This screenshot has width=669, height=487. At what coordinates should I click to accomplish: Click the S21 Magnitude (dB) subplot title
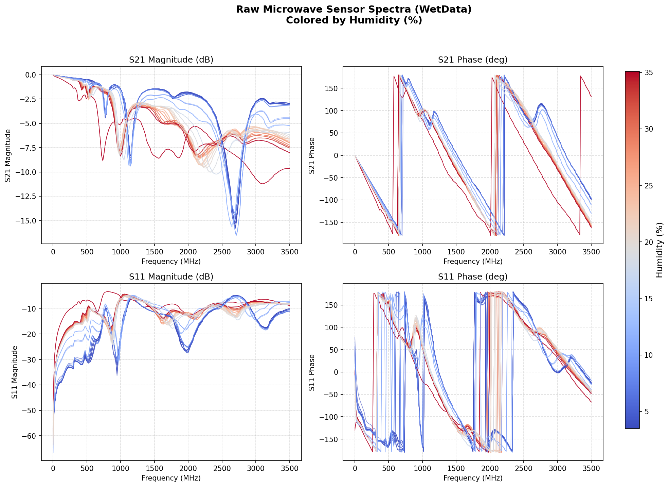(x=171, y=60)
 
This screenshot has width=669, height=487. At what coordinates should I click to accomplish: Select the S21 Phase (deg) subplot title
(x=473, y=60)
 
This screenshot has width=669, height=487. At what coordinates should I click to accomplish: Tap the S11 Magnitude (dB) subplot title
(x=171, y=277)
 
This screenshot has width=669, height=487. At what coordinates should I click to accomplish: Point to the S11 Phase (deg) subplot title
(x=473, y=277)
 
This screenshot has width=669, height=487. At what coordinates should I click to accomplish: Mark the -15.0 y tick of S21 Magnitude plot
(x=29, y=220)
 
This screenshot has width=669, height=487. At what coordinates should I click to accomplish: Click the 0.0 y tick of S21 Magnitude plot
(x=32, y=75)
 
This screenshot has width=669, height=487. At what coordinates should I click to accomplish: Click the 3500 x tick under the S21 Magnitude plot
(x=289, y=252)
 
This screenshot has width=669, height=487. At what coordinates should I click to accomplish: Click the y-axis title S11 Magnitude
(x=15, y=372)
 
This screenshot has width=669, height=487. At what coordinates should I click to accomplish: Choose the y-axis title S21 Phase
(x=312, y=155)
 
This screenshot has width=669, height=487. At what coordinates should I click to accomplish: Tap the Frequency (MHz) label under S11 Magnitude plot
(x=171, y=478)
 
